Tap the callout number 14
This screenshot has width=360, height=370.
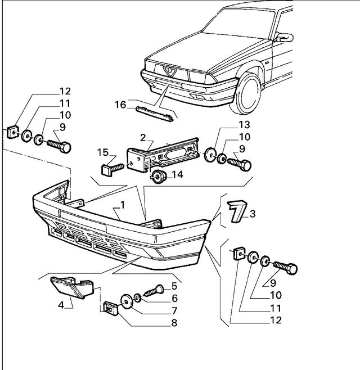(178, 175)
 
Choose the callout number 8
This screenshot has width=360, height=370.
(174, 323)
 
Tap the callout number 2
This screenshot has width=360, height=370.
(143, 138)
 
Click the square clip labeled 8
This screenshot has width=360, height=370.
(109, 308)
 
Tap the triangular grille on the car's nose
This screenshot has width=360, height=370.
(168, 70)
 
